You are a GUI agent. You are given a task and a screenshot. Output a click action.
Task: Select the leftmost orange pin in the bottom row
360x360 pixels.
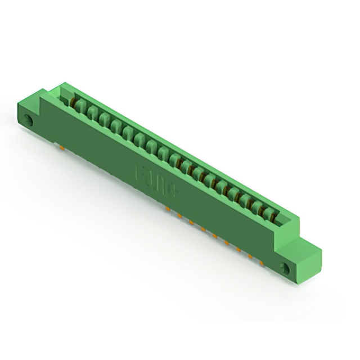(167, 209)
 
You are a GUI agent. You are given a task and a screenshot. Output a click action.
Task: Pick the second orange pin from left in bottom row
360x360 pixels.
(179, 215)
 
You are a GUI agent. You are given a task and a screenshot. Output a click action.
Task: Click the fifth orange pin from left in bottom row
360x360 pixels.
(215, 236)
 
